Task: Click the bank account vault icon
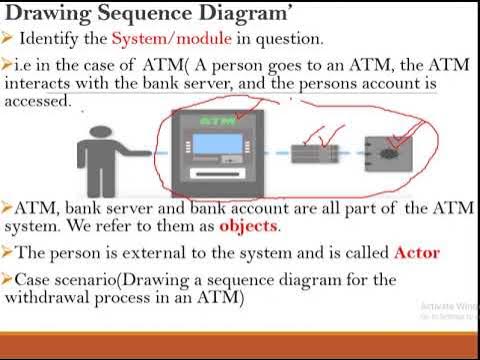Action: tap(385, 154)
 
